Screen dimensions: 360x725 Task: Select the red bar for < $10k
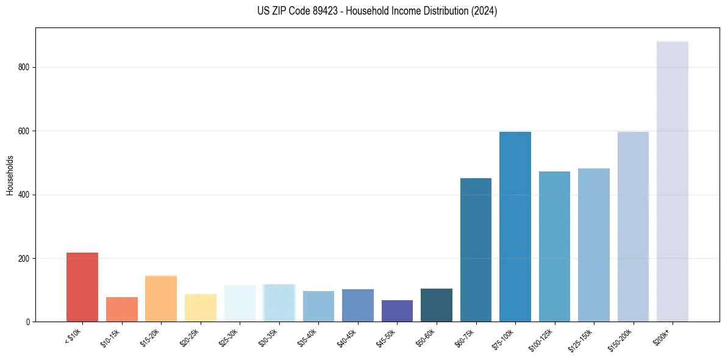82,287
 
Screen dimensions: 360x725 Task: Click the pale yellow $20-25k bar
201,308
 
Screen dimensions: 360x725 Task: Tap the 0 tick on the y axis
28,322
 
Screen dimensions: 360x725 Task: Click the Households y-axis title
10,175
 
